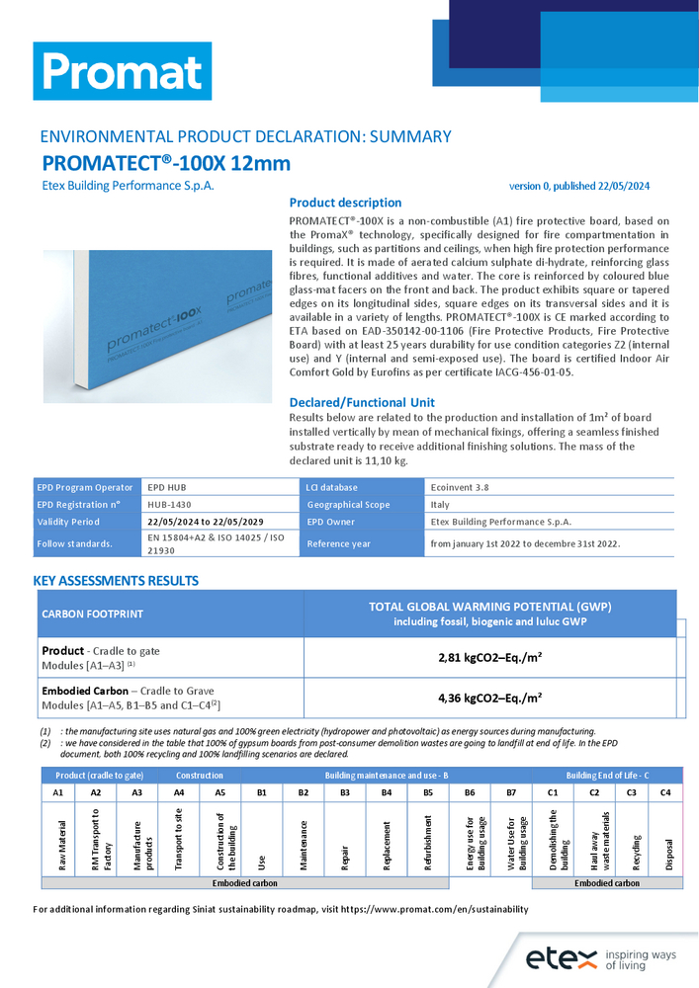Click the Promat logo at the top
(123, 71)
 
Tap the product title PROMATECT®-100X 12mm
(166, 164)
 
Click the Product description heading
(345, 203)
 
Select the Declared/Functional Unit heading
(361, 402)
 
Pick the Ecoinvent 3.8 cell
(461, 487)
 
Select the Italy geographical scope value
(441, 504)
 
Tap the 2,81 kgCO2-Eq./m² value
(488, 656)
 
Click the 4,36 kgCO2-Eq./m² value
(488, 697)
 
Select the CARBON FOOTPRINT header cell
(92, 614)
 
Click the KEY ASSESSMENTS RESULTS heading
(116, 581)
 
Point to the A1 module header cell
(57, 792)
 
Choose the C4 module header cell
(665, 792)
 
